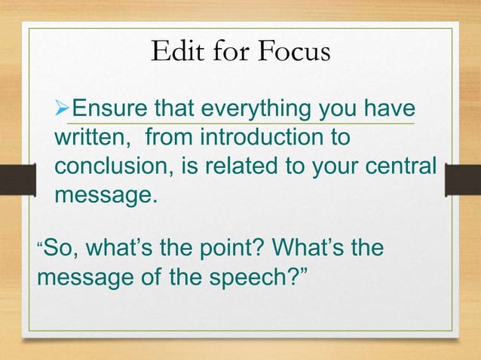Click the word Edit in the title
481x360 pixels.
[x=173, y=52]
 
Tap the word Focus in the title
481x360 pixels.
[x=293, y=52]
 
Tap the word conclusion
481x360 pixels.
[x=110, y=167]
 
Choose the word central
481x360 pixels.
[x=400, y=167]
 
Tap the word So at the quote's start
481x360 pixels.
[x=57, y=247]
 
